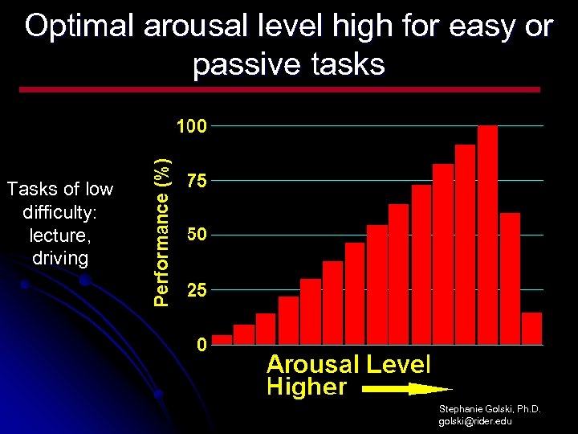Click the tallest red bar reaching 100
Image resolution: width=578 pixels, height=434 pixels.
point(487,235)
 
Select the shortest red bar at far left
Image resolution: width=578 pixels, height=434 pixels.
point(222,339)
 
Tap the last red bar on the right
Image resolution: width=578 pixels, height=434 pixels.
point(531,328)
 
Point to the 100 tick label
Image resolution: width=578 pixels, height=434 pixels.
point(192,126)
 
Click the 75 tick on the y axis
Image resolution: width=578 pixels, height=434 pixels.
point(197,182)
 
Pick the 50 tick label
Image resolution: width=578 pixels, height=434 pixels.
point(197,235)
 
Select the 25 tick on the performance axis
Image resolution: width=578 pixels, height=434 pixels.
point(197,291)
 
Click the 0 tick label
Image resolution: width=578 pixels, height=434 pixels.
point(201,346)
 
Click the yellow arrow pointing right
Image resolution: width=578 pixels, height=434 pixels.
point(406,389)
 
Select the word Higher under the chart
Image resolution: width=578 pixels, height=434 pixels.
point(306,387)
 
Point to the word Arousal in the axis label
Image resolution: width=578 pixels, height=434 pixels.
point(312,364)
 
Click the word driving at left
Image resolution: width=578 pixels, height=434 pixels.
point(59,258)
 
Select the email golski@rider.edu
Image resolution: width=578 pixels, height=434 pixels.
point(475,421)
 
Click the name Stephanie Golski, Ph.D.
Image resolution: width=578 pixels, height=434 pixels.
point(490,409)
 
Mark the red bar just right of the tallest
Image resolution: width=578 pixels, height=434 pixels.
point(510,278)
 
